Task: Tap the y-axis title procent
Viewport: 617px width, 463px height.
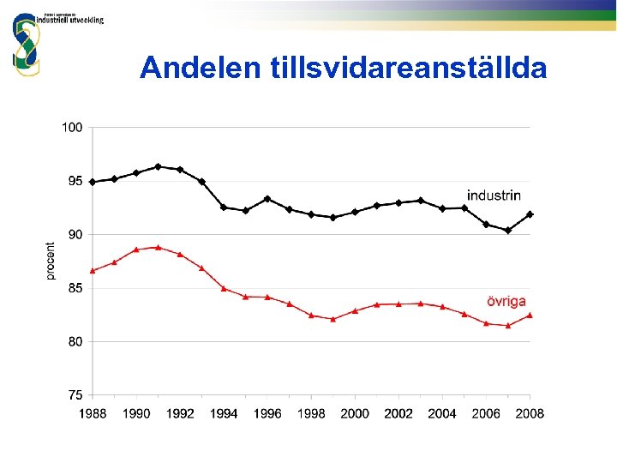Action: coord(51,261)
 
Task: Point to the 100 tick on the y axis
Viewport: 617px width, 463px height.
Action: coord(72,128)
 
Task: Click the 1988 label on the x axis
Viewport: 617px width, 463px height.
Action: coord(93,413)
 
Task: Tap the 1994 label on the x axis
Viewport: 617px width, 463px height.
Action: coord(224,413)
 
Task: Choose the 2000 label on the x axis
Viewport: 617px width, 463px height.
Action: coord(355,413)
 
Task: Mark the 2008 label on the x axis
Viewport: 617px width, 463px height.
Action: coord(530,413)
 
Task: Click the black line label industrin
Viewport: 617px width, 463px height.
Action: coord(493,195)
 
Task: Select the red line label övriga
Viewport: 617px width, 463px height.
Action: coord(506,301)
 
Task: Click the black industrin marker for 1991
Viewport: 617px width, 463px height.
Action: coord(158,166)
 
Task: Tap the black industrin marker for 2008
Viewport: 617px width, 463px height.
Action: coord(530,214)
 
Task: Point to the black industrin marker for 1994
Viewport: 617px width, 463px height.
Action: coord(224,207)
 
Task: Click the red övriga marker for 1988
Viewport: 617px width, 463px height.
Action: coord(93,270)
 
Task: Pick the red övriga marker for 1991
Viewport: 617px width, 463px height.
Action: coord(158,247)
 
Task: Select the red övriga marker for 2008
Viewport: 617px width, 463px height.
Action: coord(530,315)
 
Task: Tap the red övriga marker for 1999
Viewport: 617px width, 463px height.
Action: coord(333,319)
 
